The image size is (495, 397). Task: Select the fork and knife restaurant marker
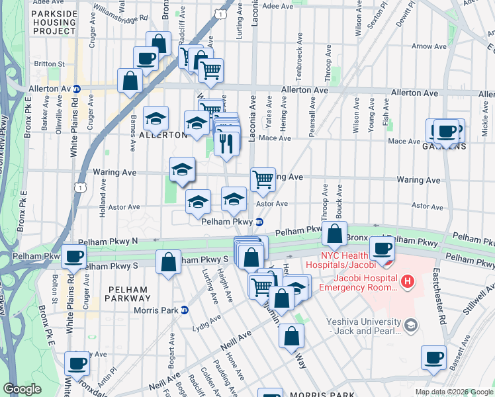(x=227, y=144)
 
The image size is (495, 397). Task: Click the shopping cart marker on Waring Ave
(x=263, y=179)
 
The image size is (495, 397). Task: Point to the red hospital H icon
(x=408, y=283)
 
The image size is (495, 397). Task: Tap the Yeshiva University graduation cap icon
(x=412, y=325)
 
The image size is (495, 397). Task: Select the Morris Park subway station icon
(x=185, y=310)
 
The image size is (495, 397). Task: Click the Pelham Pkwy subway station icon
(x=260, y=222)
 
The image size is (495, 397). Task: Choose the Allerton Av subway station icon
(x=77, y=89)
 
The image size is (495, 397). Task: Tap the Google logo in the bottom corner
(x=22, y=389)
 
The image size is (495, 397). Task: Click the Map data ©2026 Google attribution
(x=453, y=392)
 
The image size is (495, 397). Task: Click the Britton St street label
(x=49, y=64)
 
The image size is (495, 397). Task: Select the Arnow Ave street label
(x=424, y=46)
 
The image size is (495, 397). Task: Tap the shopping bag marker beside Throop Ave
(x=335, y=234)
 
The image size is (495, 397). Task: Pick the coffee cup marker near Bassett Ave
(x=434, y=358)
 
